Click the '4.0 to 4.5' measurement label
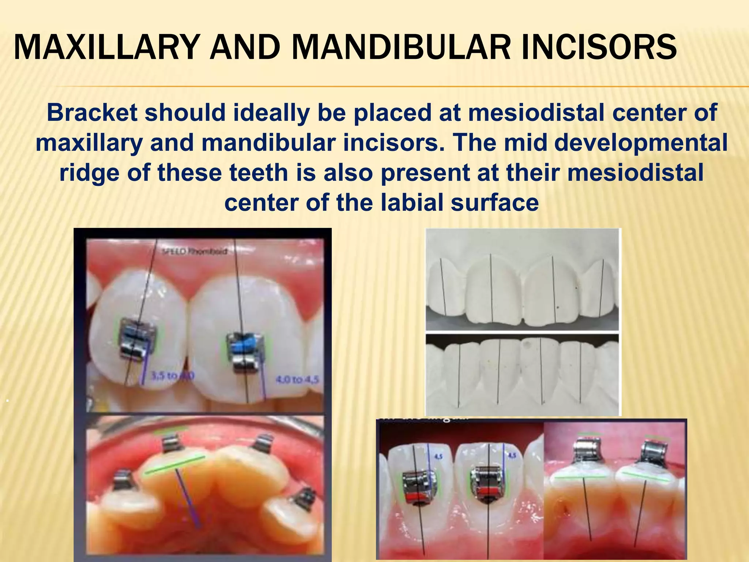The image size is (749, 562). point(297,380)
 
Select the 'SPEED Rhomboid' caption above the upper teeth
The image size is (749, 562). point(194,251)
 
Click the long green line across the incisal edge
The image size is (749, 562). point(175,465)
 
